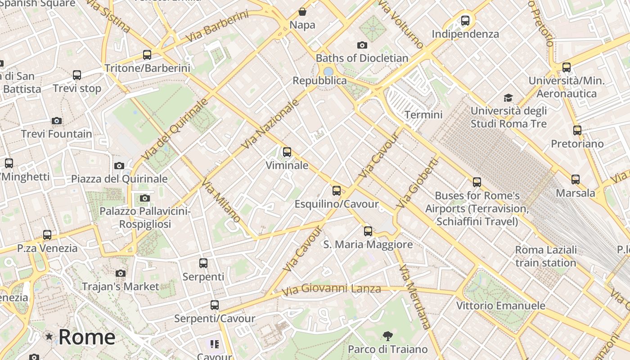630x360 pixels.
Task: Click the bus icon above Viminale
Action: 287,152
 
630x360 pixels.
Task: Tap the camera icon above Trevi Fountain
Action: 57,121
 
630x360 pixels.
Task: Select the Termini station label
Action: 423,115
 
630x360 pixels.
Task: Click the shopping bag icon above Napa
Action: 302,12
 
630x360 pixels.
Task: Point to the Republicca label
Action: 319,81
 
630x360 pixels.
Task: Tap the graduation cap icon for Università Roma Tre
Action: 508,98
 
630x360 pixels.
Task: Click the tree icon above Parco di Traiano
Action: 387,336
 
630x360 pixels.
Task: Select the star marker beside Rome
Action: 49,337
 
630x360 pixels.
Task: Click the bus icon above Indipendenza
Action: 465,21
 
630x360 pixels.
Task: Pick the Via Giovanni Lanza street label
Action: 331,289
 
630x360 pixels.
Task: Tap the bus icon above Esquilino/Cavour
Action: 337,191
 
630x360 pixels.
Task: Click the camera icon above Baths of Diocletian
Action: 362,45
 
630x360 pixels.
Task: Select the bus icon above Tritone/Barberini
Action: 147,55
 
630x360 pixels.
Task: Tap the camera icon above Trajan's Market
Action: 120,273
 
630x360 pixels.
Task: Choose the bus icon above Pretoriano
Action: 577,130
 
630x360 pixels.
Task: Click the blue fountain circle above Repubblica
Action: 328,72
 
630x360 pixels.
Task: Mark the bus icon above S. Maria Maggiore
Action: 368,231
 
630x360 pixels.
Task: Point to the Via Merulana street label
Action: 414,297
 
